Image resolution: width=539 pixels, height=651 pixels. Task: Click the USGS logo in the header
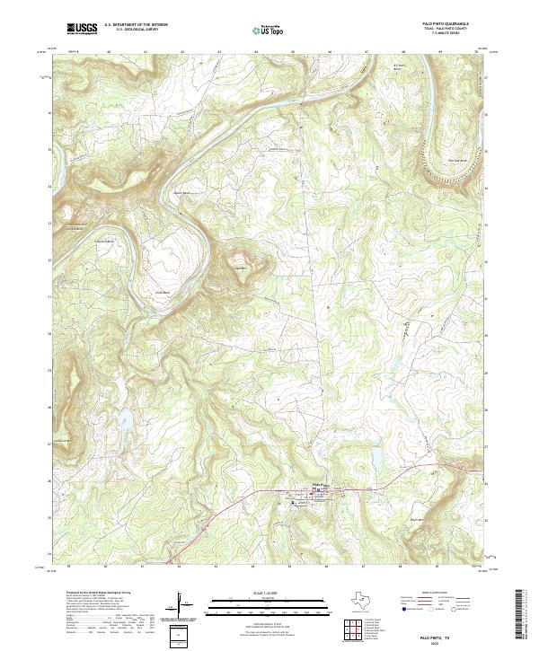[82, 29]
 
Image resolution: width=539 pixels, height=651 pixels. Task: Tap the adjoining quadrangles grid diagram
[351, 628]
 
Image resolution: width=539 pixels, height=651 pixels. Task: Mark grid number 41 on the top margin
[145, 53]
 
